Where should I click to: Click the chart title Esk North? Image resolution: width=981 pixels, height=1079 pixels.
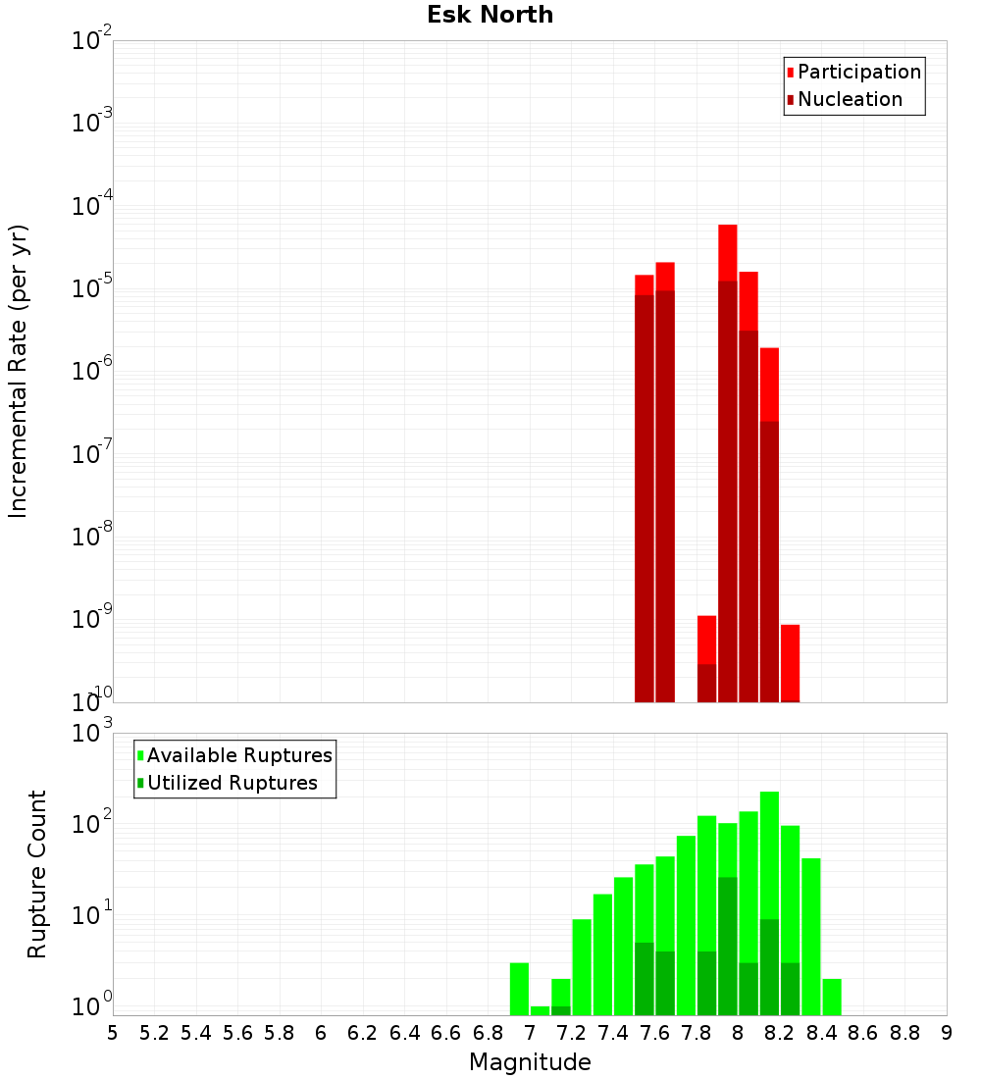[490, 15]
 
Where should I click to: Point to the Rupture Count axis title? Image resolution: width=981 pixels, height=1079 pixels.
[37, 874]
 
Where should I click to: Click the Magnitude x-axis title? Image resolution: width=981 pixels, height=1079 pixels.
[530, 1062]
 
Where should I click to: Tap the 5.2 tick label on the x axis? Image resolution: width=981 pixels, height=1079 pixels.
[154, 1032]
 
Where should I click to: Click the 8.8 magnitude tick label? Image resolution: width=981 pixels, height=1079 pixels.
[904, 1032]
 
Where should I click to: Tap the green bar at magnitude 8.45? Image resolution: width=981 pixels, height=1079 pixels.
[832, 997]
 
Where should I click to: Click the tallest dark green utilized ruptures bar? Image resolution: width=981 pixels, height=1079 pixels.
[727, 947]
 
